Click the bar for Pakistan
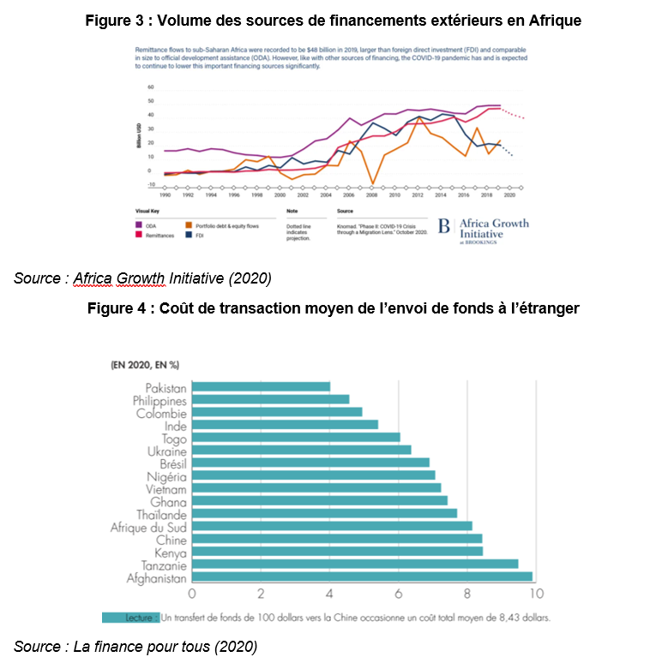(261, 387)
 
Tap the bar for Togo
(296, 437)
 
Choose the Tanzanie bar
(355, 564)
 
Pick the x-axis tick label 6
(399, 594)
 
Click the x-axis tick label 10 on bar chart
(536, 594)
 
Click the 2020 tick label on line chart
(509, 194)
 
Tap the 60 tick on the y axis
(151, 87)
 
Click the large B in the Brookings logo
(444, 227)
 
